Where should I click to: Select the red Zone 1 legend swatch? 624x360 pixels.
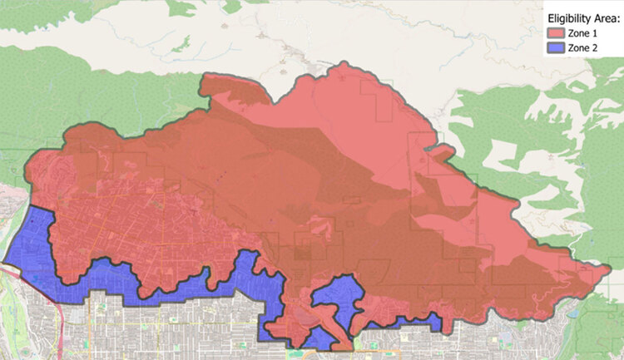coord(555,33)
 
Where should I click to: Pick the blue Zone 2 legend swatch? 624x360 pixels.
coord(555,49)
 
